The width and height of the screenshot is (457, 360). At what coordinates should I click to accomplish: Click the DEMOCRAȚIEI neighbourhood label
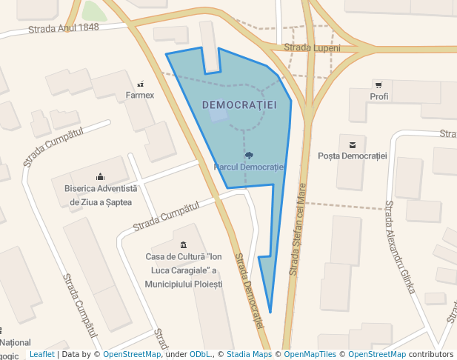click(x=239, y=105)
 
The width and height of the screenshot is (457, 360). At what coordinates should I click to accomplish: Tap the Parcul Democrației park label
click(x=248, y=167)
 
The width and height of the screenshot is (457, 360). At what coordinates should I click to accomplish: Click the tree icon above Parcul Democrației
click(x=249, y=156)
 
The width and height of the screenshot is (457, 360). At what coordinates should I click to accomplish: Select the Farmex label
click(x=140, y=96)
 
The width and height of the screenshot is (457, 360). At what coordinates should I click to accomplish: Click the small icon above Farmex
click(x=140, y=84)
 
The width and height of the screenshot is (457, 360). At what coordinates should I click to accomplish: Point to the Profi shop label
click(x=379, y=97)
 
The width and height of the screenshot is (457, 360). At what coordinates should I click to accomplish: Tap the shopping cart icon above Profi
click(x=379, y=85)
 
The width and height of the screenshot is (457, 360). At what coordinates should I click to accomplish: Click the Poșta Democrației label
click(x=353, y=156)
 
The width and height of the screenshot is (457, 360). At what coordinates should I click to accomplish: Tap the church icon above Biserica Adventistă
click(x=101, y=176)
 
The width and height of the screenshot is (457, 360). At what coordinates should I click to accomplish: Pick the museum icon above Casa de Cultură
click(x=184, y=245)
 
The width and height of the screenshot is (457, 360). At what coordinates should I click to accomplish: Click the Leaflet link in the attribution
click(x=42, y=355)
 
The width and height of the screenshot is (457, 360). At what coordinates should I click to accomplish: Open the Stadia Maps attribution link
click(x=249, y=355)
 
